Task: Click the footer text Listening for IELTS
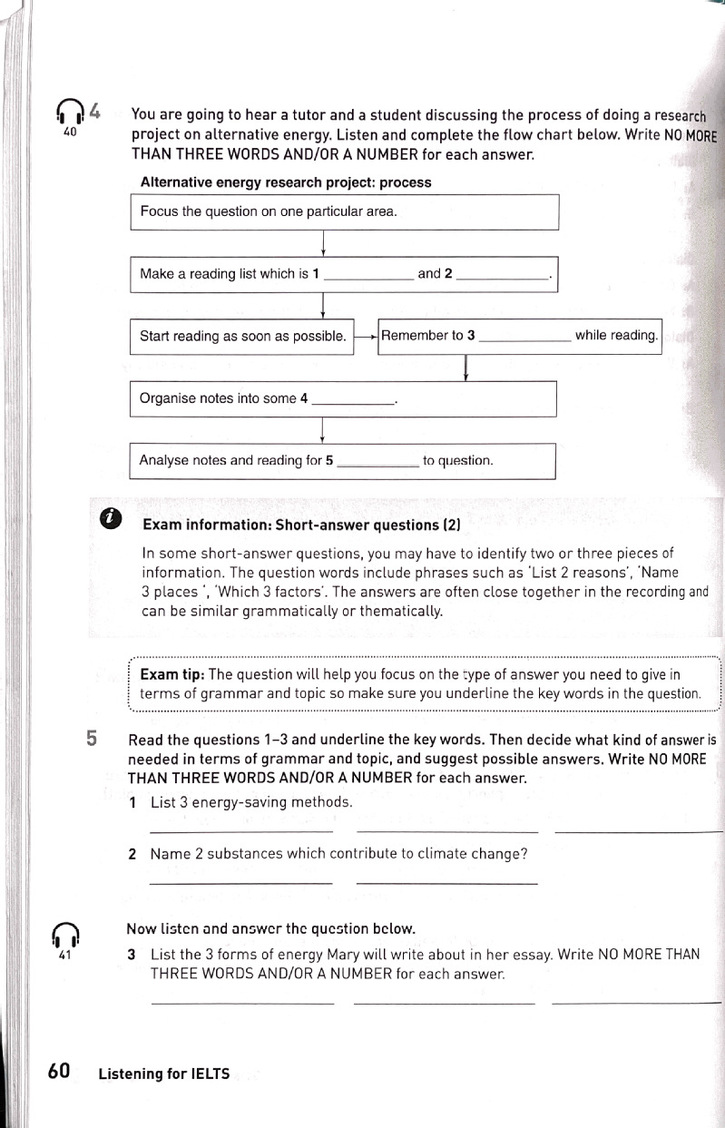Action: click(x=163, y=1074)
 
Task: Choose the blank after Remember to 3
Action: click(x=524, y=338)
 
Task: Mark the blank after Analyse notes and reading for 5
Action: click(x=377, y=463)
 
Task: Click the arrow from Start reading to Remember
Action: click(x=365, y=337)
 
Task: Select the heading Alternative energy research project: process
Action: click(x=286, y=182)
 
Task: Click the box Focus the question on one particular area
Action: click(x=344, y=212)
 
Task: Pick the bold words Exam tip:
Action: click(x=172, y=674)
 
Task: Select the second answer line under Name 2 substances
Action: click(x=447, y=881)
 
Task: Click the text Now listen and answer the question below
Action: click(x=270, y=928)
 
